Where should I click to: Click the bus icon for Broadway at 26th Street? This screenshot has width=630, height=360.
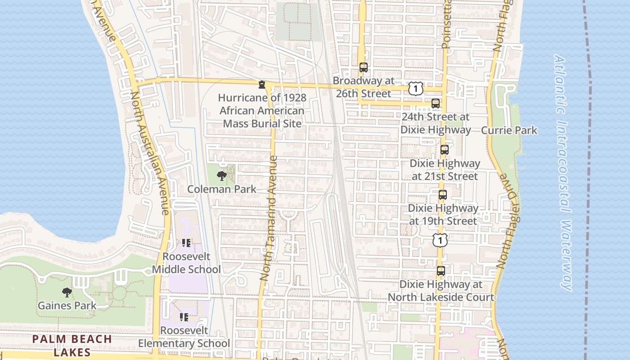tap(363, 67)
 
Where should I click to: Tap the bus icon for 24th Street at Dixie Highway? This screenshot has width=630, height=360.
tap(436, 103)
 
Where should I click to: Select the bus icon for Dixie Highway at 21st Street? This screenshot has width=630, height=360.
tap(445, 150)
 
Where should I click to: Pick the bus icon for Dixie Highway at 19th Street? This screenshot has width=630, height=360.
tap(443, 195)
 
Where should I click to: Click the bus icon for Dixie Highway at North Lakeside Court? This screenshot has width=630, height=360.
tap(441, 271)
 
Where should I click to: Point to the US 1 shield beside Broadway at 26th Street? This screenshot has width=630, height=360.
tap(416, 89)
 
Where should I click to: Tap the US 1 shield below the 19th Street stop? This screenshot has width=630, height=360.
tap(440, 240)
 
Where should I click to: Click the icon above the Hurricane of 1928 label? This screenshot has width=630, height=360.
tap(261, 85)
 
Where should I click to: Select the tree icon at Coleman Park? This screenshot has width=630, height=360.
tap(221, 176)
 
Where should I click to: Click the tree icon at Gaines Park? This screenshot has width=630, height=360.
tap(67, 292)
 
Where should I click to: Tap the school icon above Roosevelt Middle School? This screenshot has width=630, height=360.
tap(186, 243)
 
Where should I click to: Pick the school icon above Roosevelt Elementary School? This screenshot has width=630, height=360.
tap(184, 317)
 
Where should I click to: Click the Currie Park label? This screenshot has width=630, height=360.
tap(509, 130)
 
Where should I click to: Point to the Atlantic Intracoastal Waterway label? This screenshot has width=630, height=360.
tap(562, 173)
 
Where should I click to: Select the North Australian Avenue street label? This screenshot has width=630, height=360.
tap(150, 153)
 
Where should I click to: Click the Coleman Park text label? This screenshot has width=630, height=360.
tap(222, 189)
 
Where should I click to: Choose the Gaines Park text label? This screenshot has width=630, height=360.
tap(67, 306)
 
